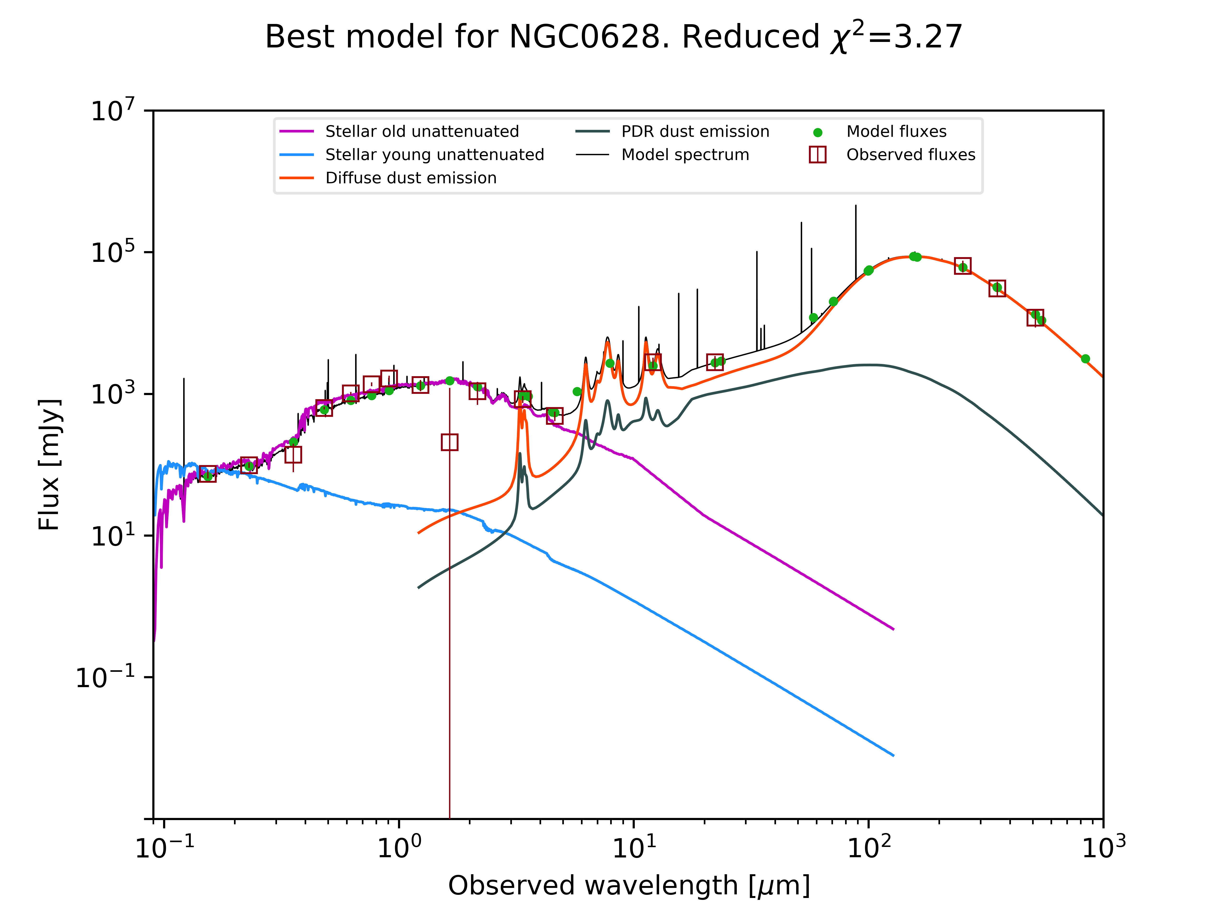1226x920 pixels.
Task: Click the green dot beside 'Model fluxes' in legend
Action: pos(817,132)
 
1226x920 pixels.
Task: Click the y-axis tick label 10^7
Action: pos(113,110)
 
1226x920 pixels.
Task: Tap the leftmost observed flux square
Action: pos(207,474)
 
